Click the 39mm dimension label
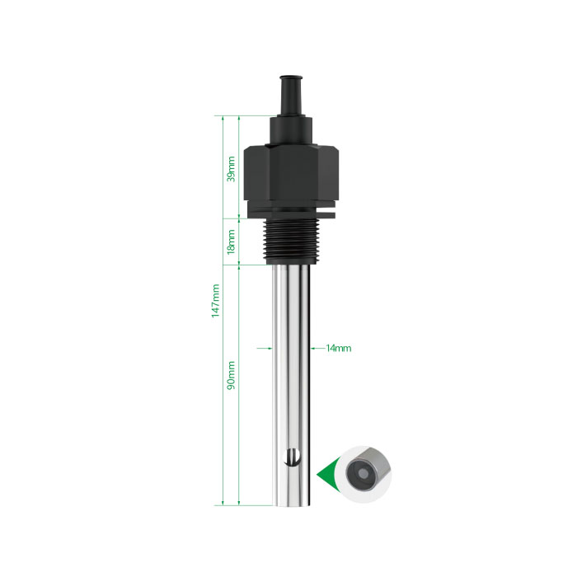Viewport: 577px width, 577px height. click(231, 169)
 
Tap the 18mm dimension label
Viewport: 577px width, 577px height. click(231, 242)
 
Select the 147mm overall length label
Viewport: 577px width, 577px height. click(215, 301)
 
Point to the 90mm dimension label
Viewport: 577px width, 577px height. click(231, 375)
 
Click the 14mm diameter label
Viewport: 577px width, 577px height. click(339, 348)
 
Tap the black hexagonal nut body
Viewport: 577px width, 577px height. click(292, 172)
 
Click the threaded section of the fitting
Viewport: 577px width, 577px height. click(292, 242)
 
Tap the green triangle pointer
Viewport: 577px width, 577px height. click(326, 476)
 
